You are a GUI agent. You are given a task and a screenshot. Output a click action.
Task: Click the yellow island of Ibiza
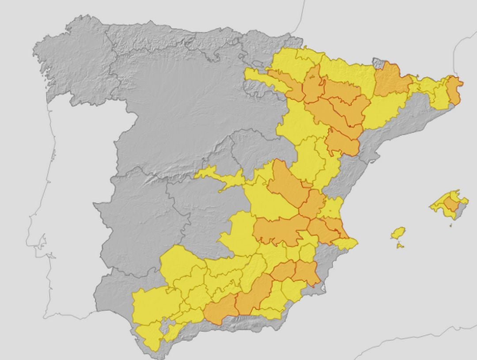[398, 233]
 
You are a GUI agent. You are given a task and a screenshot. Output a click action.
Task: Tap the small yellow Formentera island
[400, 245]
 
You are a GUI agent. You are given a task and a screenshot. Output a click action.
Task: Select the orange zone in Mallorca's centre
[450, 204]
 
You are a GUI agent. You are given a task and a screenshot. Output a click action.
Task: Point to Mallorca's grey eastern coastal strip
[461, 212]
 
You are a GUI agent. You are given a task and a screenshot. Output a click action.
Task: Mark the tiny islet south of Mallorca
[450, 226]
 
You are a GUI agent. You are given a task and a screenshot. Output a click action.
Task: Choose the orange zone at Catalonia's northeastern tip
[454, 91]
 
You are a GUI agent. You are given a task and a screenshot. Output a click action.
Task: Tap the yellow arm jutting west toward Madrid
[221, 178]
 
